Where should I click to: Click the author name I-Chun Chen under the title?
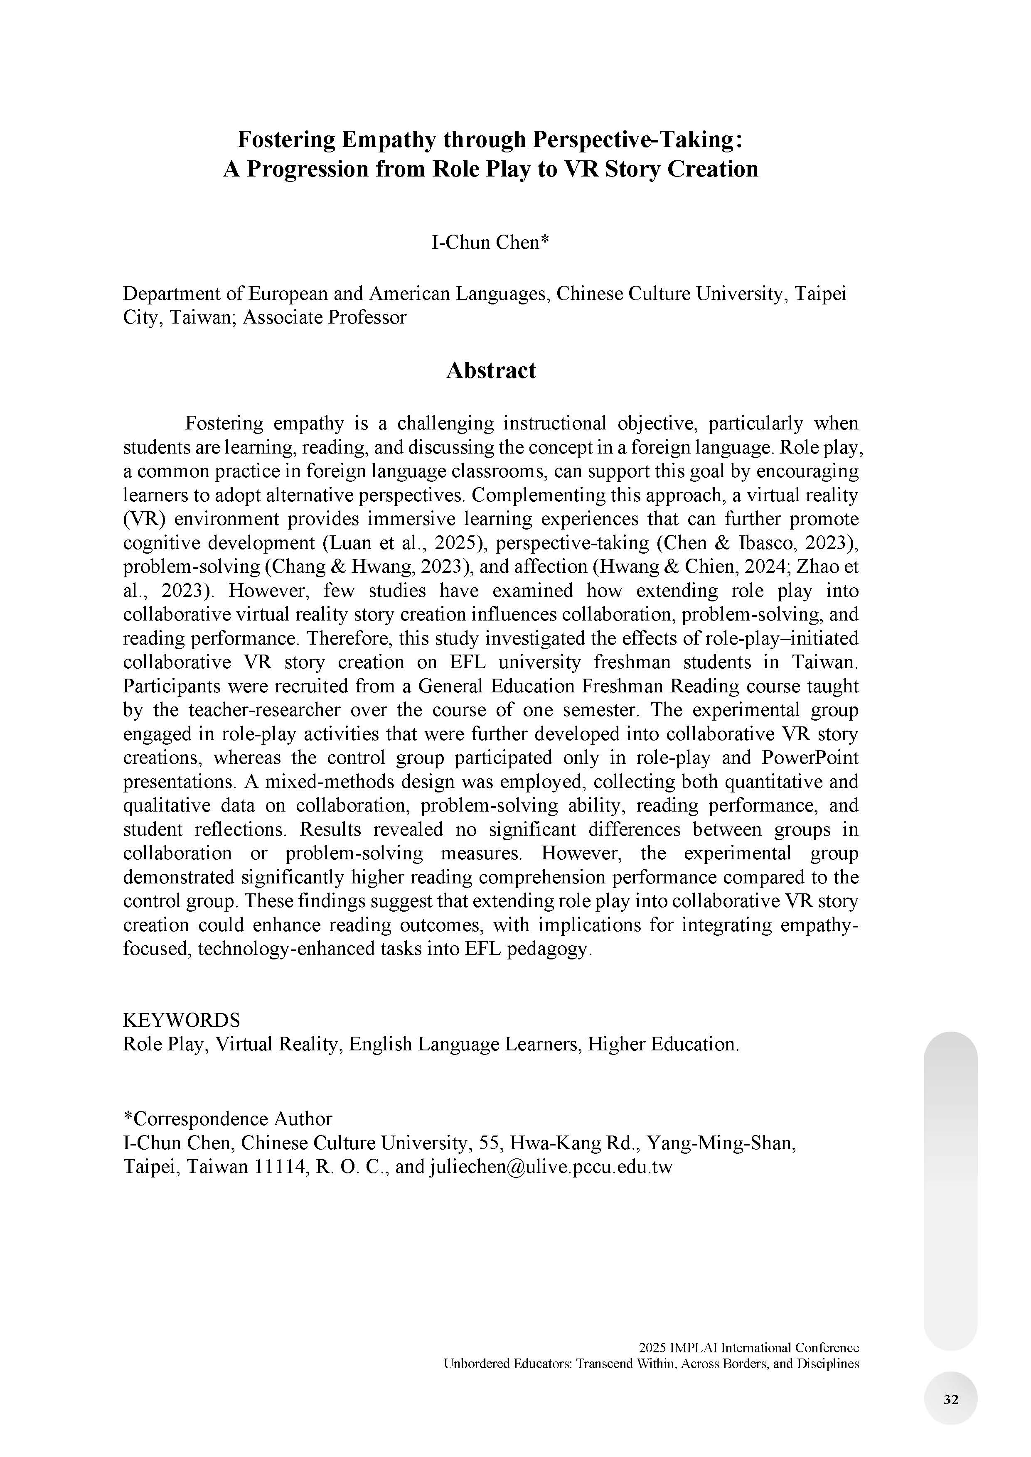pyautogui.click(x=490, y=243)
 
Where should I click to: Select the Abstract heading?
pyautogui.click(x=491, y=370)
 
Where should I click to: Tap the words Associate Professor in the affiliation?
pyautogui.click(x=325, y=317)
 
